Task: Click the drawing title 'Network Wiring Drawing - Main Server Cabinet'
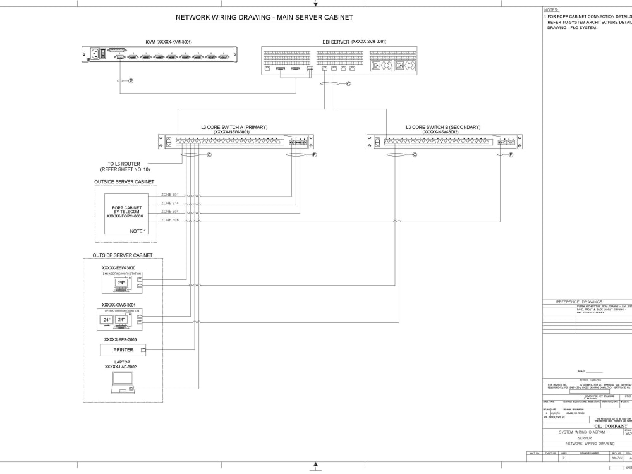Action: coord(264,17)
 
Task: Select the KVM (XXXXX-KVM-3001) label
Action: coord(169,42)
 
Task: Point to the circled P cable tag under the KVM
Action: coord(131,81)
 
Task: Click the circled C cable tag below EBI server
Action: coord(348,83)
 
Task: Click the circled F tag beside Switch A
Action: coord(314,154)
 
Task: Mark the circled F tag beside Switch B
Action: coord(511,154)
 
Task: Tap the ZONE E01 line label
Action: coord(170,194)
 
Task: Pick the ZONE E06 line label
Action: coord(170,221)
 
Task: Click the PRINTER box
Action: coord(123,349)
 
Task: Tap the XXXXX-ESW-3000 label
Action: coord(119,268)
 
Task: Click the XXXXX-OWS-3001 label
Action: coord(119,305)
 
